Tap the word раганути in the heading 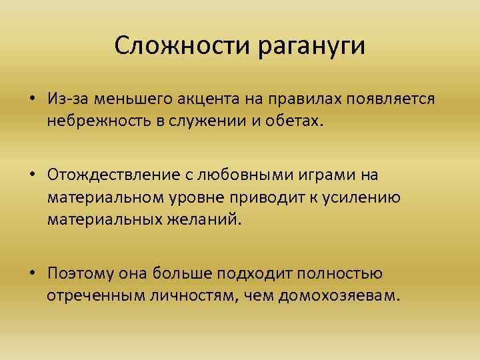click(310, 47)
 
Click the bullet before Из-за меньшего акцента click(32, 99)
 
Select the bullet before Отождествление click(32, 175)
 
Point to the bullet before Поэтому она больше click(32, 273)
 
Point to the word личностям click(195, 296)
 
